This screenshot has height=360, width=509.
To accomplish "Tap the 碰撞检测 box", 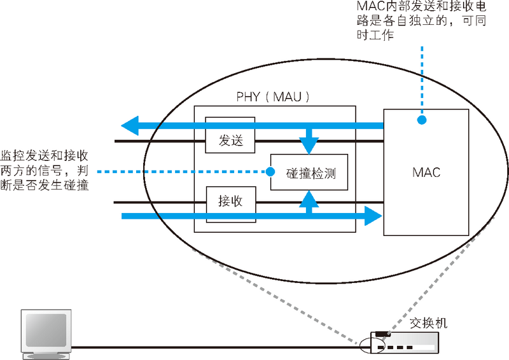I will [310, 172].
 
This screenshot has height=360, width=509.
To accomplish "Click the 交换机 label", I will [428, 322].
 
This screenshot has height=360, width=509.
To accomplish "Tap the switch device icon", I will [407, 344].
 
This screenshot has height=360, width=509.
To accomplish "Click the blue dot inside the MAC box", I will [421, 120].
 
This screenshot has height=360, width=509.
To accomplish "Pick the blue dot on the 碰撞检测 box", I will [270, 171].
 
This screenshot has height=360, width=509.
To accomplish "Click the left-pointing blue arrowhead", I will [131, 125].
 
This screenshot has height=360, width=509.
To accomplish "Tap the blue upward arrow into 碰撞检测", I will [309, 200].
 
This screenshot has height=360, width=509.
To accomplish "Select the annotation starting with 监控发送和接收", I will [45, 170].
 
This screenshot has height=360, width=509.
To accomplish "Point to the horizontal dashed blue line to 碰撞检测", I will [185, 171].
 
